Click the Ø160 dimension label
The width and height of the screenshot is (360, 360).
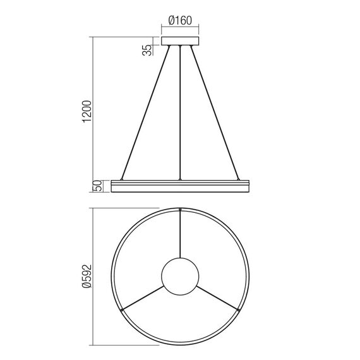[x=181, y=19]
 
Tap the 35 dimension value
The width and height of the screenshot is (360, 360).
[x=147, y=49]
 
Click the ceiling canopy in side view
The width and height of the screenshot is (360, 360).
[x=181, y=42]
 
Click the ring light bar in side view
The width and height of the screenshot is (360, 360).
[x=181, y=186]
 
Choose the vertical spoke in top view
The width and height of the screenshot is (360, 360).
[x=181, y=234]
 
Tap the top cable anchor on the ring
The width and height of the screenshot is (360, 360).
[x=181, y=209]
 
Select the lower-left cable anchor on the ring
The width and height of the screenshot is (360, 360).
[x=121, y=309]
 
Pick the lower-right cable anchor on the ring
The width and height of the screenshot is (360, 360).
[x=240, y=309]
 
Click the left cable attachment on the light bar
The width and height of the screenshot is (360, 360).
[x=121, y=179]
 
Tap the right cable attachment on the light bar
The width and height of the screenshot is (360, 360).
[x=240, y=179]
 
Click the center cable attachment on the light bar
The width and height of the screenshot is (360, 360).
[x=181, y=179]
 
